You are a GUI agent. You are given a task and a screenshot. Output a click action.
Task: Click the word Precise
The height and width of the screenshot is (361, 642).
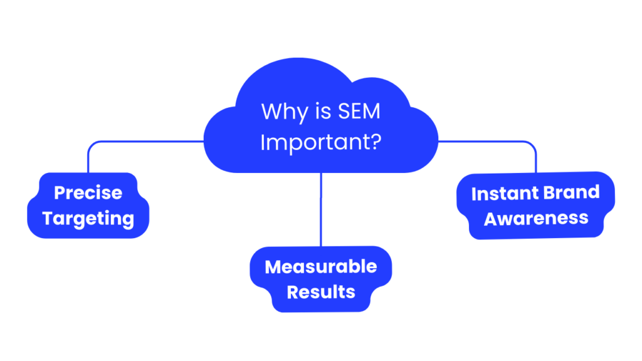click(88, 193)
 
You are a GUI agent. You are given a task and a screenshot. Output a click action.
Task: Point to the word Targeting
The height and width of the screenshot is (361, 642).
click(88, 219)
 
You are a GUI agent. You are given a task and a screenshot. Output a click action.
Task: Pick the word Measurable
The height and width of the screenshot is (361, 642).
click(321, 266)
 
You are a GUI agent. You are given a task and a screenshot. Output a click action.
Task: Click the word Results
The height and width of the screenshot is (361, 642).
click(321, 291)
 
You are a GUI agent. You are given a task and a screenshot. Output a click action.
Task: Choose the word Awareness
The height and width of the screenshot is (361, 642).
click(536, 219)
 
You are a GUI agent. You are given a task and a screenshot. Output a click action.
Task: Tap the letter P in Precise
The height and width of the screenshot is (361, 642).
click(60, 193)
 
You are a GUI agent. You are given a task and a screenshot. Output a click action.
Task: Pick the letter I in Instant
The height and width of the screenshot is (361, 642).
click(474, 194)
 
